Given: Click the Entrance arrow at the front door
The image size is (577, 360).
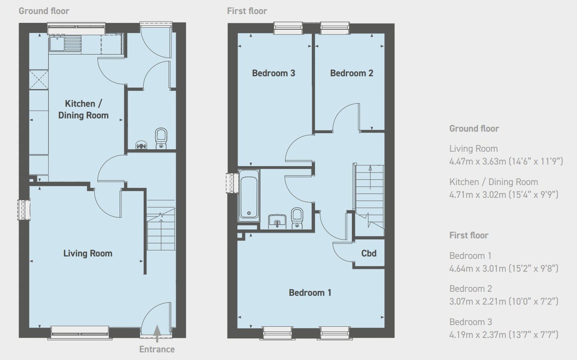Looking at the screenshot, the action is click(157, 334).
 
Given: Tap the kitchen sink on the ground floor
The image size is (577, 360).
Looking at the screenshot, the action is click(65, 44).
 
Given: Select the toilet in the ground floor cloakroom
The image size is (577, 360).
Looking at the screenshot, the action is click(161, 138).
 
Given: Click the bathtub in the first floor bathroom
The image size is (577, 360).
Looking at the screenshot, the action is click(249, 195).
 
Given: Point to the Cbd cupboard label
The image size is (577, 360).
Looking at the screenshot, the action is click(369, 253).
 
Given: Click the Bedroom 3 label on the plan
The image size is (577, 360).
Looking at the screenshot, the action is click(274, 73).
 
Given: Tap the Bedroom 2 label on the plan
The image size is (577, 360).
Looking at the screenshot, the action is click(351, 73).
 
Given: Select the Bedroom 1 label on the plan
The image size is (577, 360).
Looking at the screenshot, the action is click(310, 293).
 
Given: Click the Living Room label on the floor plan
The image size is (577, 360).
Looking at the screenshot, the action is click(88, 253).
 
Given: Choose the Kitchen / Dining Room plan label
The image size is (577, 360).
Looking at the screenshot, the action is click(83, 109).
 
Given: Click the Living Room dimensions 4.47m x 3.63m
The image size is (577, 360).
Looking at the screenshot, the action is click(506, 161).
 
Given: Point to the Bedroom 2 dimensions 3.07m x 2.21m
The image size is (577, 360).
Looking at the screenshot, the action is click(504, 301).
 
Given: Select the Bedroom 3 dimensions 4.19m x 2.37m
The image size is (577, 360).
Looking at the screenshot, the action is click(504, 334).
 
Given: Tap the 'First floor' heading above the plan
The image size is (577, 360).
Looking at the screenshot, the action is click(247, 11).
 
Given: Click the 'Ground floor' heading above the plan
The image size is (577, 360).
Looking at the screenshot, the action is click(44, 11).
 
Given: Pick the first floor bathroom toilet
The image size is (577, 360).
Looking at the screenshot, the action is click(297, 218).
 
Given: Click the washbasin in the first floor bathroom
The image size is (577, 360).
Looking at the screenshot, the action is click(277, 222).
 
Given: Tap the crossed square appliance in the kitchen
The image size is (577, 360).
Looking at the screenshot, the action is click(39, 79).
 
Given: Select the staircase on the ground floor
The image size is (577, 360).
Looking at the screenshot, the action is click(161, 225).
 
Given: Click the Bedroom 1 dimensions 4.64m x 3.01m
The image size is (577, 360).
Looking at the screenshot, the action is click(504, 268).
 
